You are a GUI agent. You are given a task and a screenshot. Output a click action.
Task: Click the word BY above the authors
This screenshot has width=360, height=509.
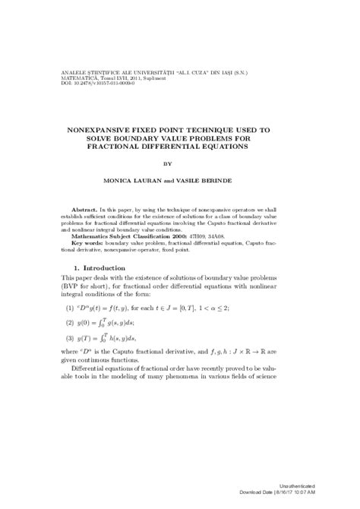[x=180, y=163]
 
